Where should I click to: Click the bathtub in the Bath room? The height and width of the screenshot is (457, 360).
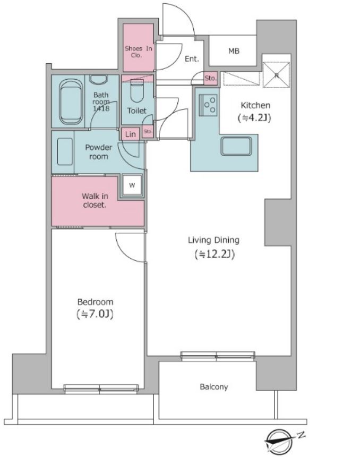[71, 102]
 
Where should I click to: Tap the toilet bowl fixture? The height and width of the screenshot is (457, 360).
[137, 90]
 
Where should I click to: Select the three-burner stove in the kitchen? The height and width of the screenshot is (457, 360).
[208, 105]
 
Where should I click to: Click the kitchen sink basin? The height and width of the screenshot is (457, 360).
[236, 146]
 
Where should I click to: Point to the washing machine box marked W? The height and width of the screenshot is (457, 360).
[132, 185]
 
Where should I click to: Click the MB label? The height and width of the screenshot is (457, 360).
[234, 51]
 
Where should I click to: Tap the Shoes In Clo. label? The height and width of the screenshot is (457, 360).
[139, 52]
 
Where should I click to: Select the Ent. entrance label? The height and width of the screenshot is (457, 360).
[192, 59]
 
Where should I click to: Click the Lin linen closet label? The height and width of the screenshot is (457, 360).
[130, 134]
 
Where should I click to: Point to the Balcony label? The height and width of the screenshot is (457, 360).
[214, 387]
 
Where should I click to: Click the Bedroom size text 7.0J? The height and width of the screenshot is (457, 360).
[95, 314]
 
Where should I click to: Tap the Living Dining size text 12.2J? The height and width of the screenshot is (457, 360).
[215, 254]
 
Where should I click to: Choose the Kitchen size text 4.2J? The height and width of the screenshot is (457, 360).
[255, 118]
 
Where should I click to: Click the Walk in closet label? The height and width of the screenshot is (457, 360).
[95, 200]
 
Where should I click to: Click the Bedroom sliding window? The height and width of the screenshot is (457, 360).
[101, 389]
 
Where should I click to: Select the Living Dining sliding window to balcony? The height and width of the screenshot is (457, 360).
[218, 356]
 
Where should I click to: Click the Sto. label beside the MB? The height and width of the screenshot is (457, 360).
[211, 78]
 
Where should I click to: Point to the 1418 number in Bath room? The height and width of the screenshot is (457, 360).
[101, 109]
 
